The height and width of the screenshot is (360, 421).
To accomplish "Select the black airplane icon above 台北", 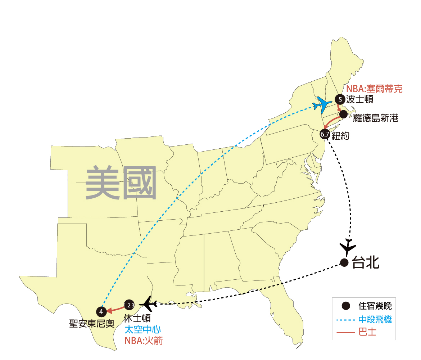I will [x=348, y=247].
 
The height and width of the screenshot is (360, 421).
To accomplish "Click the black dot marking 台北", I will [x=344, y=263].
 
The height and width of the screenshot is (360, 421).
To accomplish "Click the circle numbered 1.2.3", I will [x=129, y=305].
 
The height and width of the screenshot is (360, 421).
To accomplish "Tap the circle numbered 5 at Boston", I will [x=339, y=99].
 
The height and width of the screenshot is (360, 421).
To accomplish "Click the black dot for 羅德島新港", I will [x=343, y=114].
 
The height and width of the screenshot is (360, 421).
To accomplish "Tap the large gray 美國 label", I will [x=121, y=183].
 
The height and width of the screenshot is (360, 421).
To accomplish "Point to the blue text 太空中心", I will [x=143, y=329].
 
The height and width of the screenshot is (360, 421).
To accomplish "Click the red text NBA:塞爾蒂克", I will [x=374, y=89].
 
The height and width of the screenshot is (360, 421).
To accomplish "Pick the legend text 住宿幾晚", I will [x=375, y=306].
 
